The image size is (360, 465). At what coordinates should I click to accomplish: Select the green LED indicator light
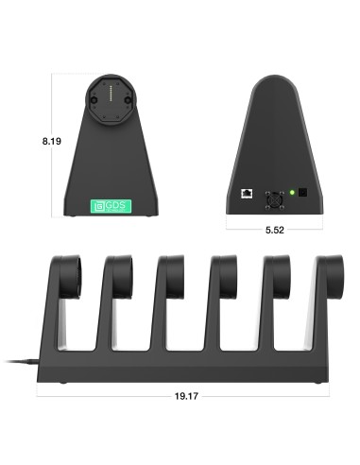[x=292, y=193]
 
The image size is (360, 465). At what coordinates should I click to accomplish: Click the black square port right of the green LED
[x=304, y=193]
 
